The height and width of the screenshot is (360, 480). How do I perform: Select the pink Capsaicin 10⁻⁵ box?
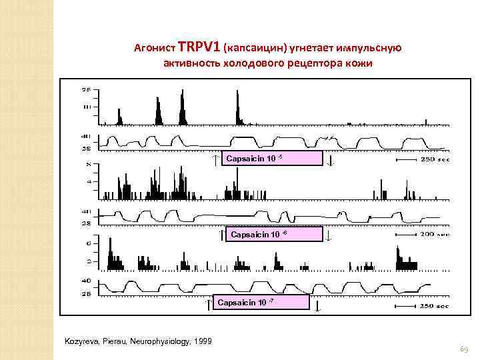273,158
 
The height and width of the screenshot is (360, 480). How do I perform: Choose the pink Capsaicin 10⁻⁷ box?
262,303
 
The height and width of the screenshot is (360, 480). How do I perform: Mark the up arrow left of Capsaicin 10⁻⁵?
215,159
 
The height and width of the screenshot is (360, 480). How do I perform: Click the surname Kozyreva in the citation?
79,341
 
